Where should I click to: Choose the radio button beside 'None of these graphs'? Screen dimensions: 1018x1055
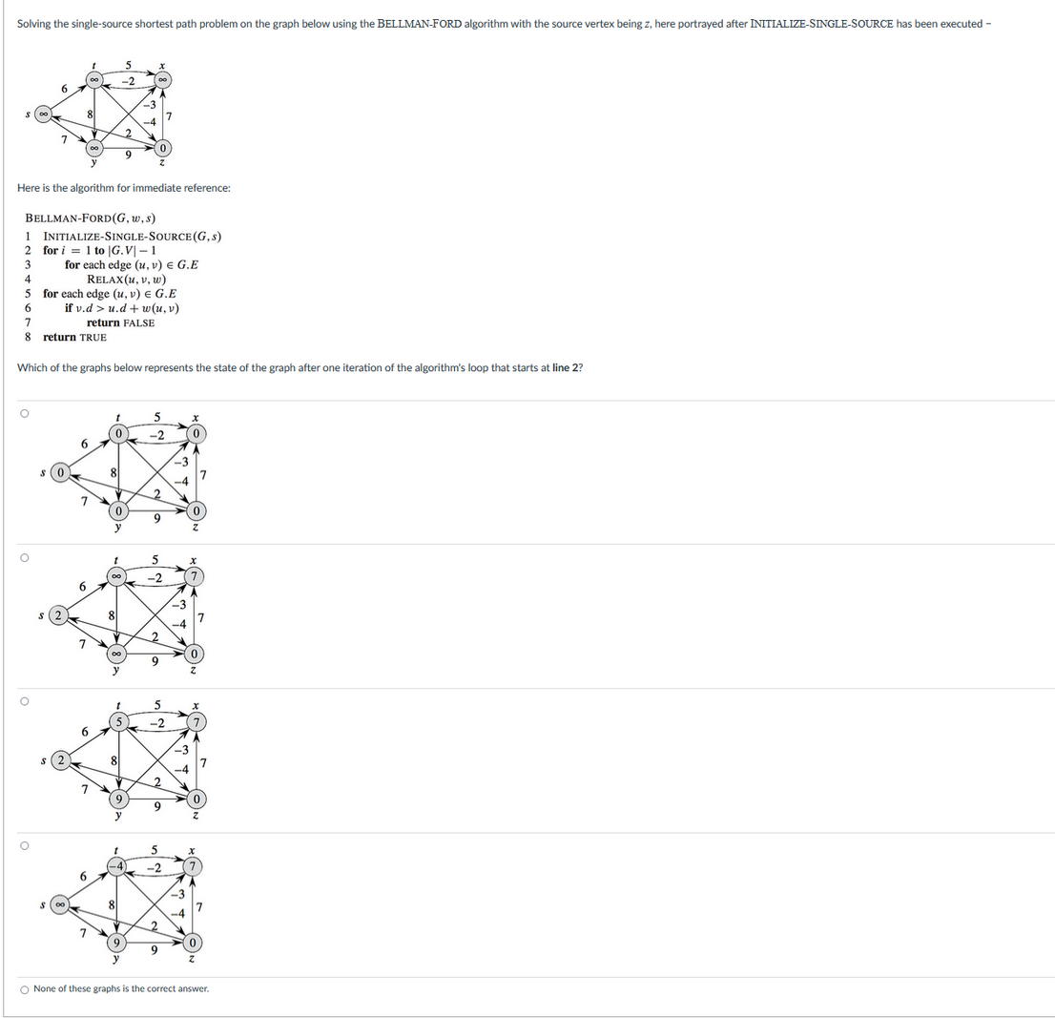point(25,988)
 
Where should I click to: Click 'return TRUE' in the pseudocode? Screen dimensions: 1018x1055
point(74,337)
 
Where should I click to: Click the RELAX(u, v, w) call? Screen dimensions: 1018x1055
point(130,279)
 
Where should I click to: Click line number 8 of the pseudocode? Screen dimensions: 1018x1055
point(29,337)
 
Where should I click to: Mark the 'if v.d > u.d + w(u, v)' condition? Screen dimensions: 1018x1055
point(122,307)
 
